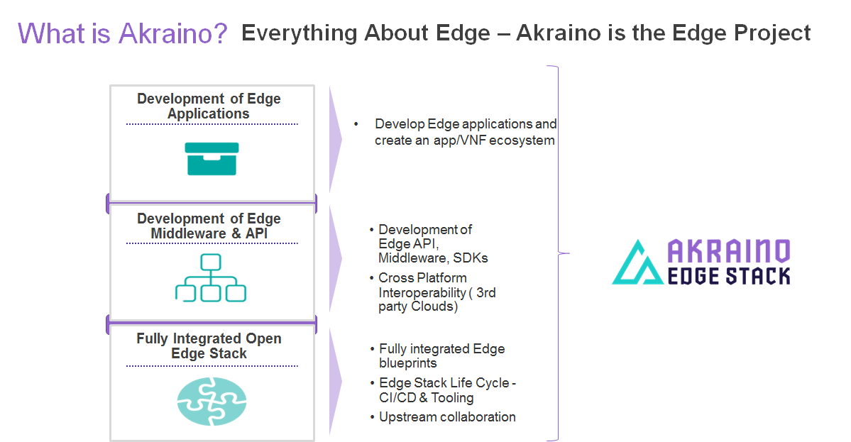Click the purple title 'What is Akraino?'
point(122,33)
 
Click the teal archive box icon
point(212,159)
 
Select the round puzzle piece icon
point(212,401)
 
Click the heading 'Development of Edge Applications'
point(209,106)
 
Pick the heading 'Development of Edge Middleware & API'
point(209,226)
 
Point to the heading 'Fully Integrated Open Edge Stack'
point(209,346)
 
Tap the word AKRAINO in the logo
point(729,250)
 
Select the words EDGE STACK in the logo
point(729,275)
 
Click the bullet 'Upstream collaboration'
point(447,416)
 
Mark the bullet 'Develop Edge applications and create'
point(465,132)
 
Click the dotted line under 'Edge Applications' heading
point(212,124)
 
